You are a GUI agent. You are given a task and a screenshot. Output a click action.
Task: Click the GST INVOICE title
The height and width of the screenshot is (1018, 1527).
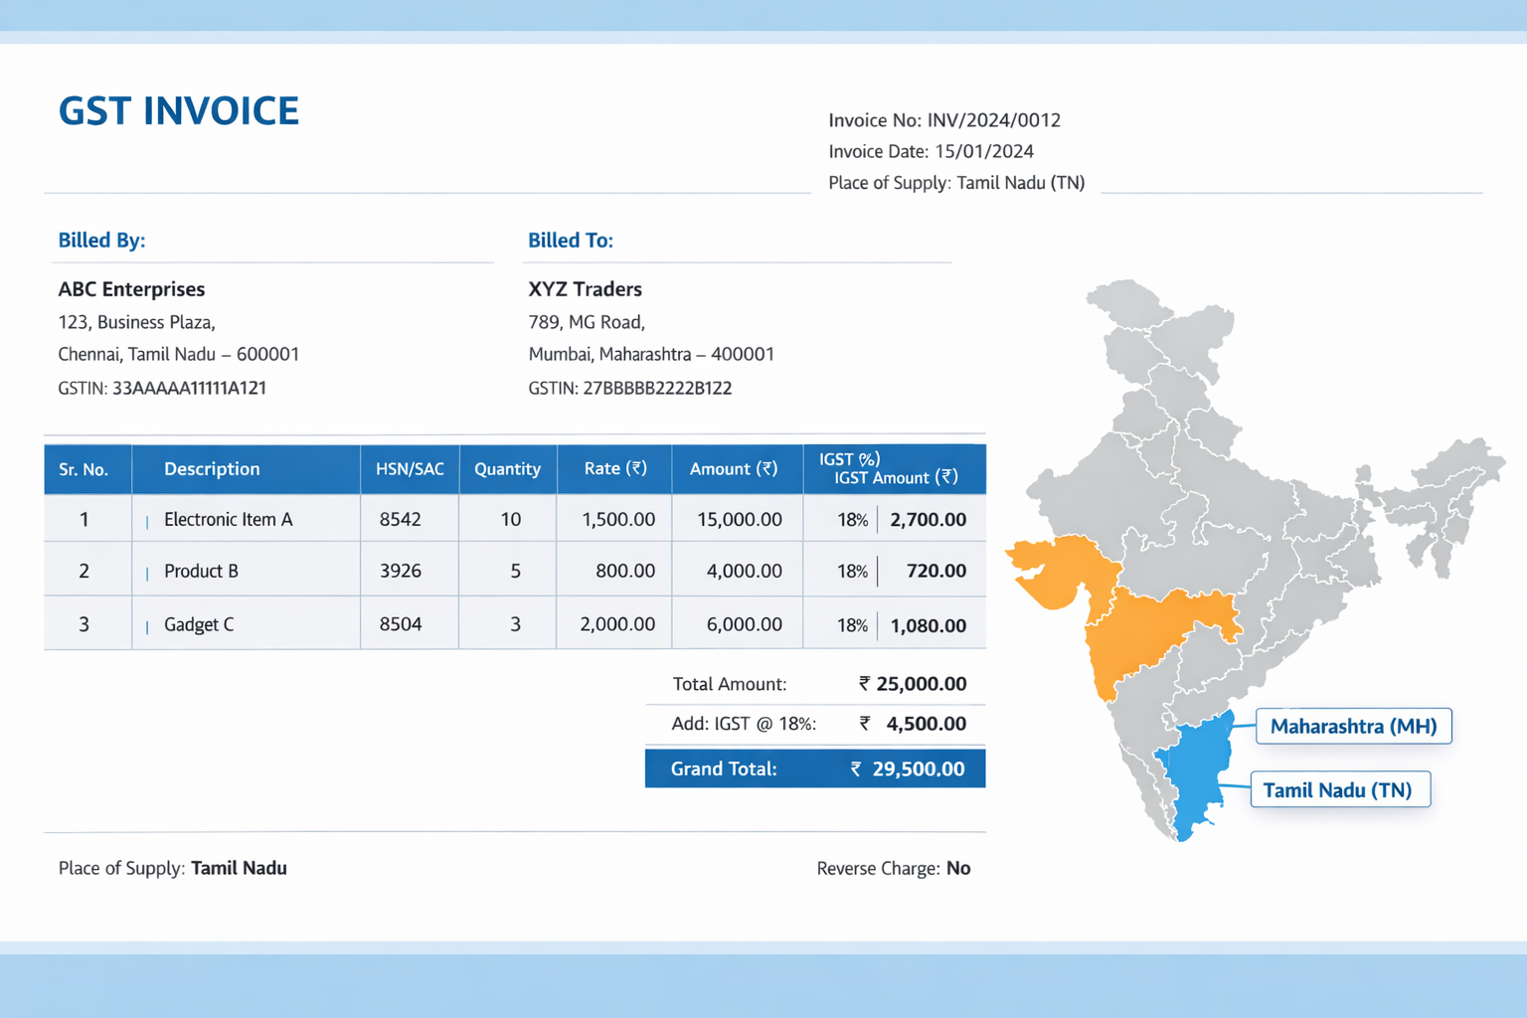pos(179,110)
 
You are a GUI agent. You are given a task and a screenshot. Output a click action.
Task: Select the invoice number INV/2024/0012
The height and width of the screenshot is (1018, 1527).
pos(993,120)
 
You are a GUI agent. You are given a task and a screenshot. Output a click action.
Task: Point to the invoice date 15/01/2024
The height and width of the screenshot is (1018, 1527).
pos(984,151)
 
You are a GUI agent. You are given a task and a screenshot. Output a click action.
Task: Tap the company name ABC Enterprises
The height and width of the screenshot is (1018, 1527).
pos(131,289)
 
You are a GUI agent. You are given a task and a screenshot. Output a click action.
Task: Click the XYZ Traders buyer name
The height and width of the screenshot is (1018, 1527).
pos(585,289)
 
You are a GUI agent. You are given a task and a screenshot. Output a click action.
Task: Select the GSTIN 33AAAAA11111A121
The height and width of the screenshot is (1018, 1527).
pos(189,388)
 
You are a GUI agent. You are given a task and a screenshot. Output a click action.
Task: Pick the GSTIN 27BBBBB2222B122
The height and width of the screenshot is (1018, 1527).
pos(657,388)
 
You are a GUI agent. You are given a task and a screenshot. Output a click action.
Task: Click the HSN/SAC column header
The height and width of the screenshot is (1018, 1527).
pos(410,469)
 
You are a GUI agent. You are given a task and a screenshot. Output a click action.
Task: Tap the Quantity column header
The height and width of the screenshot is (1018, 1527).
pos(507,469)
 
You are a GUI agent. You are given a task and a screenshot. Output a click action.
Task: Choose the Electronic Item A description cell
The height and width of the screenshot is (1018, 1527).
pos(228,519)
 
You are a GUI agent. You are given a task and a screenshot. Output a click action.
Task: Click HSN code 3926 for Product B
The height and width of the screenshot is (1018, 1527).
pos(401,571)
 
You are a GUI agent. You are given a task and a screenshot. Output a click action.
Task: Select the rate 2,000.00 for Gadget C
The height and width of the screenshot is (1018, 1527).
pos(617,624)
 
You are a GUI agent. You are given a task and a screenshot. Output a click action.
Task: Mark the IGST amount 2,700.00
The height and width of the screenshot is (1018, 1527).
pos(929,519)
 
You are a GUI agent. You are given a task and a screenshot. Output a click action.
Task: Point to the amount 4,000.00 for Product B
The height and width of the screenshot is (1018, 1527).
pos(744,571)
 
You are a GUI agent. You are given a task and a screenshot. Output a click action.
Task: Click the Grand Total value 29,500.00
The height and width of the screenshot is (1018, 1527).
pos(919,768)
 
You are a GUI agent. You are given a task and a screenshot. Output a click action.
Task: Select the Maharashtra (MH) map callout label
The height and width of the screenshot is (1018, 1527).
pos(1353,726)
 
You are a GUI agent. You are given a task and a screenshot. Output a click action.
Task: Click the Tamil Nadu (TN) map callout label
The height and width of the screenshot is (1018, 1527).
pos(1337,790)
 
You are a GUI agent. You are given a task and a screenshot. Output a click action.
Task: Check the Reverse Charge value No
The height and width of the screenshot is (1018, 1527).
pos(958,868)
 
